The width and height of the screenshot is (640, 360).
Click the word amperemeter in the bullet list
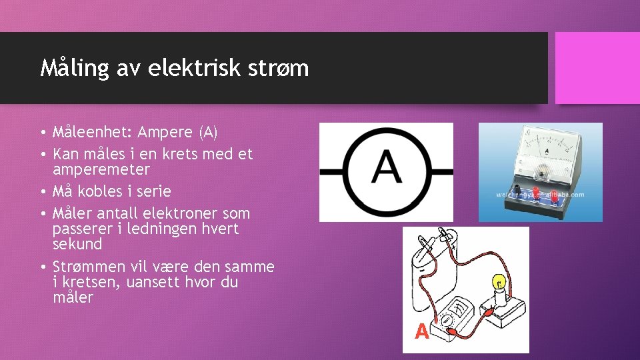pyautogui.click(x=101, y=169)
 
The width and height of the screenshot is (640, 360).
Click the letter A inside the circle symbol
pyautogui.click(x=387, y=171)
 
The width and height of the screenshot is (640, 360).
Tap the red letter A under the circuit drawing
pyautogui.click(x=421, y=331)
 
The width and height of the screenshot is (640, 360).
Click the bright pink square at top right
pyautogui.click(x=597, y=68)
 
